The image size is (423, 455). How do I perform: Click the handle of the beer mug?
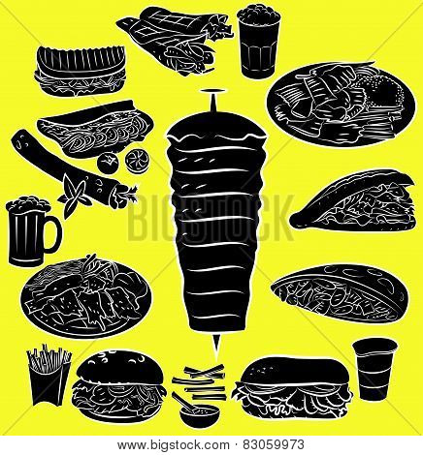click(55, 232)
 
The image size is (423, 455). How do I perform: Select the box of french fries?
click(49, 375)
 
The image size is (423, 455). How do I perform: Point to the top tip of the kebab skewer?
click(212, 91)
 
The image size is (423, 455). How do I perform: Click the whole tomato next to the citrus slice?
click(108, 162)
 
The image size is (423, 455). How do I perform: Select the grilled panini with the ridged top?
click(81, 71)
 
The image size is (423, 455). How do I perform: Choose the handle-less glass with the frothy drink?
click(259, 42)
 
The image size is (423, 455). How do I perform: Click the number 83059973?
click(274, 444)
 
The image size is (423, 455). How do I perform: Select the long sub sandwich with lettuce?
click(293, 388)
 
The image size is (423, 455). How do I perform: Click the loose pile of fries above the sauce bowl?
click(199, 382)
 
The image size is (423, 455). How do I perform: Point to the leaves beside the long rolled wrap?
click(74, 197)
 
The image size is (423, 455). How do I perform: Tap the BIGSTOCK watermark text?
click(211, 218)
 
